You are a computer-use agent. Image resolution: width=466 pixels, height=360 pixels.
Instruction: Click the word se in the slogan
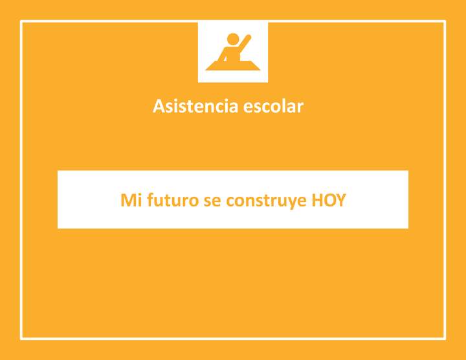(x=212, y=201)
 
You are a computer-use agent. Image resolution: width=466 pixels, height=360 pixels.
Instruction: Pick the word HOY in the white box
(x=329, y=200)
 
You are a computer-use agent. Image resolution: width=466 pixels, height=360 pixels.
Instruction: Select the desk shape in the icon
(x=233, y=65)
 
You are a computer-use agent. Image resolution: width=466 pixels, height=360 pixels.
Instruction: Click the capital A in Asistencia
(x=159, y=106)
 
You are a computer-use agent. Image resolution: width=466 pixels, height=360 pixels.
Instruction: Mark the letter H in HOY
(x=317, y=200)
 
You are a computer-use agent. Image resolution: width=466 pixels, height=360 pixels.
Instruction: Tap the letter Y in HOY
(x=341, y=200)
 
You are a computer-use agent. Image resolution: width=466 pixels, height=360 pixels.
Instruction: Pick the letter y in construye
(x=289, y=202)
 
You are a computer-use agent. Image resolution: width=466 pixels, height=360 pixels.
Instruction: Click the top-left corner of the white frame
(x=21, y=21)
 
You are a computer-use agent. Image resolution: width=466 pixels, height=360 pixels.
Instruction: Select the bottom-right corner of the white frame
(x=445, y=338)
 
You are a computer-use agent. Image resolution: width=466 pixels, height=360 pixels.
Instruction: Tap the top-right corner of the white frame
(x=445, y=21)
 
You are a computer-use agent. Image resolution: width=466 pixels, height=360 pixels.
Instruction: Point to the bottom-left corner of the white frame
(x=21, y=338)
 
